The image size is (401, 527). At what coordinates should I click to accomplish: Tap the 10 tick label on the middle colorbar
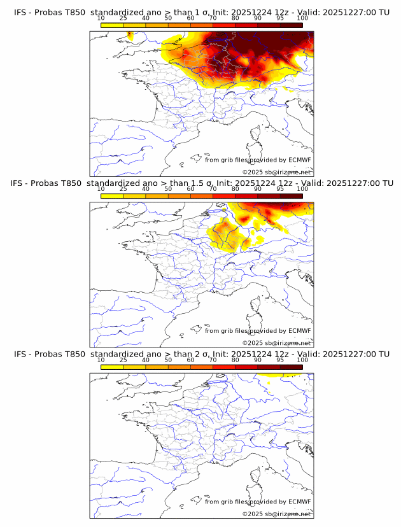coord(101,188)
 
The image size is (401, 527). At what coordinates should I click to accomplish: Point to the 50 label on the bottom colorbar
coord(168,360)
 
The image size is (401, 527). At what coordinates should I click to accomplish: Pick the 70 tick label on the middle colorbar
coord(213,188)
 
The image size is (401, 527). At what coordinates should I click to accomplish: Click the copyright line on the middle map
coord(276,343)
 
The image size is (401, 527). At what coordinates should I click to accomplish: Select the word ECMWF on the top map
coord(299,160)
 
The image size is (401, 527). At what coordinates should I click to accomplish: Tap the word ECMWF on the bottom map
coord(299,502)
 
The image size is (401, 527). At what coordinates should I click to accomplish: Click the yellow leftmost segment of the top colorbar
coord(112,24)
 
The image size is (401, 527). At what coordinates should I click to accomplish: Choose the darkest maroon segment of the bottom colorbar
coord(292,367)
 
